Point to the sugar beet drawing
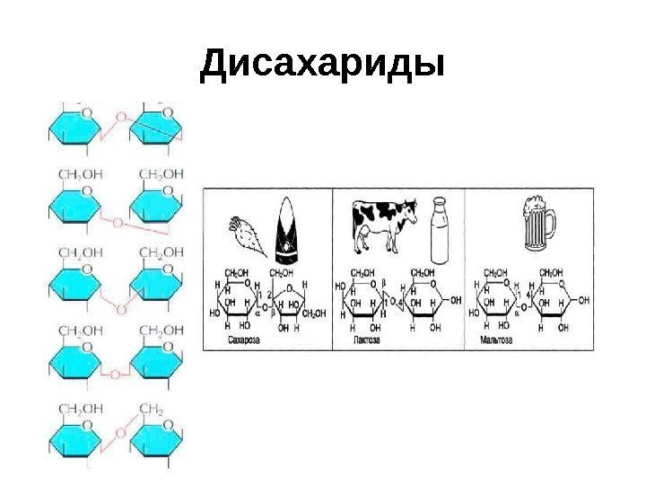248,233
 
